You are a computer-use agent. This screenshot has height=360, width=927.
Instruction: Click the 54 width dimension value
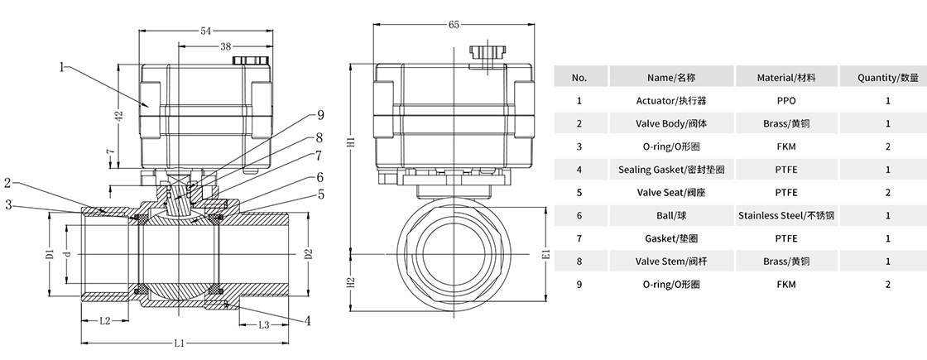point(205,31)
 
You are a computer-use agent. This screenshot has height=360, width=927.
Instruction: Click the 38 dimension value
point(225,48)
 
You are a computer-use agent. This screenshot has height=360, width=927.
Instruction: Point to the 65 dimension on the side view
point(454,25)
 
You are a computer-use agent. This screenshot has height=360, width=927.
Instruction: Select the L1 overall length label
point(179,343)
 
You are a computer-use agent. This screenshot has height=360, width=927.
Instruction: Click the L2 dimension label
point(106,320)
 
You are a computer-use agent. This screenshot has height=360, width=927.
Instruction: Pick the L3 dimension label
point(263,324)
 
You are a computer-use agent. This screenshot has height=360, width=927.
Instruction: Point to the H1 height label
point(351,142)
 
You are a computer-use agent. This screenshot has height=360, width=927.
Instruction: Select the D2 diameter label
point(309,253)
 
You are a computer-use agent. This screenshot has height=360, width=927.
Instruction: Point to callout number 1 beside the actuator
point(62,67)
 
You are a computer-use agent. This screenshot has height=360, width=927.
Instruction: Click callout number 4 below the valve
point(308,320)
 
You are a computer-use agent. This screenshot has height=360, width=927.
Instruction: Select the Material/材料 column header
point(786,78)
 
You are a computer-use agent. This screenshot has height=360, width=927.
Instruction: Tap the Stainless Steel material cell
point(786,215)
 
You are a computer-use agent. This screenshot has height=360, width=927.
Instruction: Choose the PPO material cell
point(786,101)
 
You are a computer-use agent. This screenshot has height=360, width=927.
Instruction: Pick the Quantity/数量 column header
point(887,78)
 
